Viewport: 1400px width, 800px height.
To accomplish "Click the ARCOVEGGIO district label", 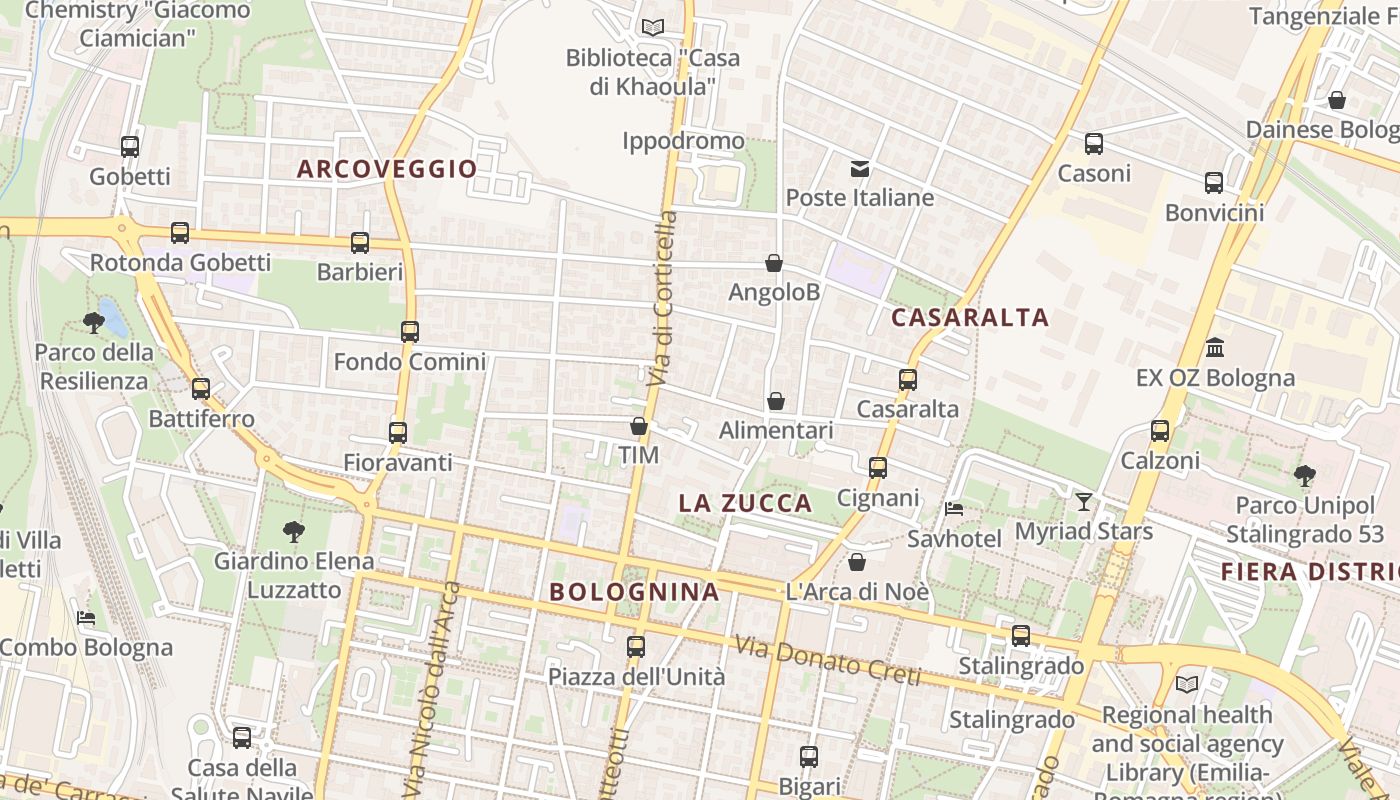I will coord(387,169).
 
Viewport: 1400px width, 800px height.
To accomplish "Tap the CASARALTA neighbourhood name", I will coord(969,318).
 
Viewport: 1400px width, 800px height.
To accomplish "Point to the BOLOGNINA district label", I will coord(634,592).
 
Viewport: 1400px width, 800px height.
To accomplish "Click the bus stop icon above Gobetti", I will coord(130,147).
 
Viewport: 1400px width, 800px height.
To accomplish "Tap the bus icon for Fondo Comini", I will coord(410,332).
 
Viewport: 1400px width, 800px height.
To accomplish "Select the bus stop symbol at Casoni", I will coord(1094,144).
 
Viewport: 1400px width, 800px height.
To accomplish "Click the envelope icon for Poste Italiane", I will coord(860,168).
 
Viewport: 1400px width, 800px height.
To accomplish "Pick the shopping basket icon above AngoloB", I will coord(774,263).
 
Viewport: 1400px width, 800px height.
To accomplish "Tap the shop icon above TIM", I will coord(639,426).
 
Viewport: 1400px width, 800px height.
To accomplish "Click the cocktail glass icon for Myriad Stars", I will coord(1084,501).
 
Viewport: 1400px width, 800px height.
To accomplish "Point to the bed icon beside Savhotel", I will coord(954,509).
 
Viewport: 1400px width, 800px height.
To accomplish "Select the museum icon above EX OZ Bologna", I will coord(1215,348).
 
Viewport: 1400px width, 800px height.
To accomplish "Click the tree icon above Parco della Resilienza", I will coord(94,322).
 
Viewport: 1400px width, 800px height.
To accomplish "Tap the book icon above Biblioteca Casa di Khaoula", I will coord(653,27).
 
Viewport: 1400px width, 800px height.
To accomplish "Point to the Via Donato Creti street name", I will coord(827,661).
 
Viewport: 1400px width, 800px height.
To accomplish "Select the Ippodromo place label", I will coord(683,141).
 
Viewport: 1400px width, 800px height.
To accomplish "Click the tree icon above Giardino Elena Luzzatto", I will coord(294,531).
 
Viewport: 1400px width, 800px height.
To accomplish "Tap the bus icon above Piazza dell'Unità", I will coord(636,647).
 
